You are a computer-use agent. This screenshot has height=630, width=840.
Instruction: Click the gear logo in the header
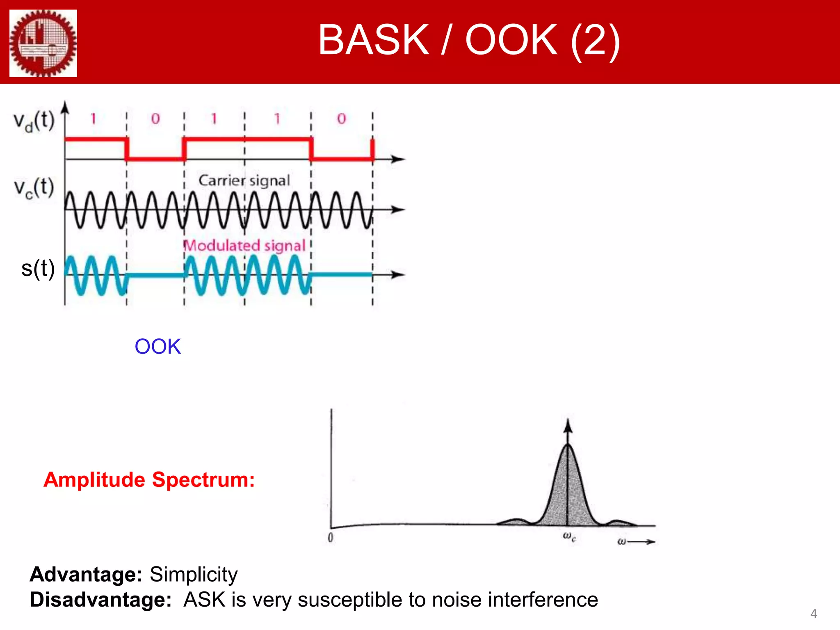43,43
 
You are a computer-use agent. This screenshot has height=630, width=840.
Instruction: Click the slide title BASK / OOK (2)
469,40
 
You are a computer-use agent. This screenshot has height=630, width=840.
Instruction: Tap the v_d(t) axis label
34,121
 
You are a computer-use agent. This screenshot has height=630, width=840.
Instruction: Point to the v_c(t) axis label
34,188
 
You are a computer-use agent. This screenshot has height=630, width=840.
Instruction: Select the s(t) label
38,269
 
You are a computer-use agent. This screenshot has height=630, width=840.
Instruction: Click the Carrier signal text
244,180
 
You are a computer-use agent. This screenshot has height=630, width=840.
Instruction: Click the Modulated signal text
244,245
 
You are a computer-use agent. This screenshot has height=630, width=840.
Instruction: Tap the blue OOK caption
157,347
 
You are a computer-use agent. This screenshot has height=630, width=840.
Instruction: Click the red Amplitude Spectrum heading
149,479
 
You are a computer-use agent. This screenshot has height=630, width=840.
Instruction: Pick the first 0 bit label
155,119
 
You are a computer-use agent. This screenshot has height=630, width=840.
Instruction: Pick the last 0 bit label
342,119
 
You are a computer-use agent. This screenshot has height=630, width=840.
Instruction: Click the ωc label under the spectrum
569,536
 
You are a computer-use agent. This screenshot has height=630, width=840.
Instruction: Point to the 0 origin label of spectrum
331,537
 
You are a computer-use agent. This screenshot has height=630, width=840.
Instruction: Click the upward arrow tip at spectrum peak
568,422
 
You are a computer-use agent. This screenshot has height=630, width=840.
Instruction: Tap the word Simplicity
194,574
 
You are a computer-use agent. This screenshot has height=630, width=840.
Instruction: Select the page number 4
814,614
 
